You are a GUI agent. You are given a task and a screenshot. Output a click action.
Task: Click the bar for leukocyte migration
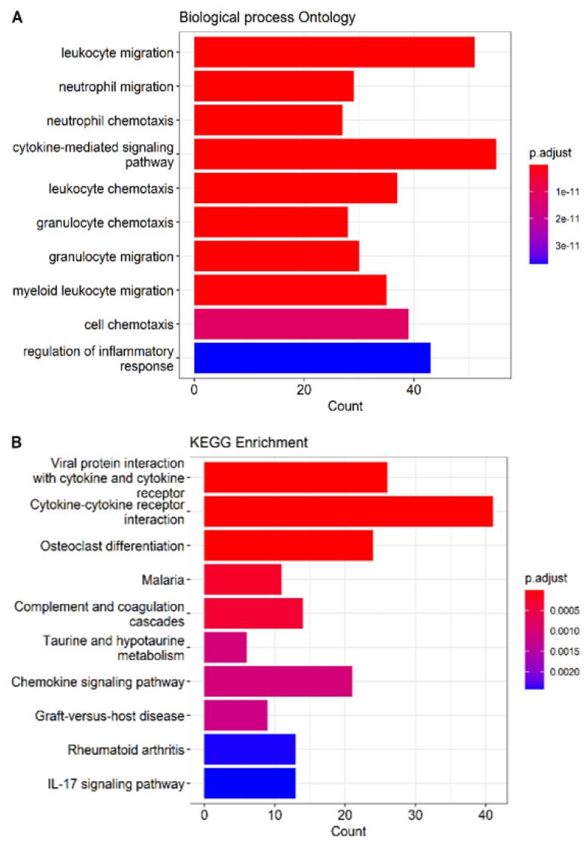click(x=334, y=52)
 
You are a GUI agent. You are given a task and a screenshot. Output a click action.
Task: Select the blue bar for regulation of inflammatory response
click(x=312, y=358)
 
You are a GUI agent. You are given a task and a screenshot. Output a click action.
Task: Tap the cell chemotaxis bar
click(x=301, y=324)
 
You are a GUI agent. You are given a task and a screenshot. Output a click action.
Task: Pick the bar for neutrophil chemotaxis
click(x=268, y=120)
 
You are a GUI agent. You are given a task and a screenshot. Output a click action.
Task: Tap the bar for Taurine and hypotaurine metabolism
click(x=225, y=647)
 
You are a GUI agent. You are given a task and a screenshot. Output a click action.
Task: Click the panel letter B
click(x=16, y=443)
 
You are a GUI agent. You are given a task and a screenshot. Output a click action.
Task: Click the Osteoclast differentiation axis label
click(x=112, y=546)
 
